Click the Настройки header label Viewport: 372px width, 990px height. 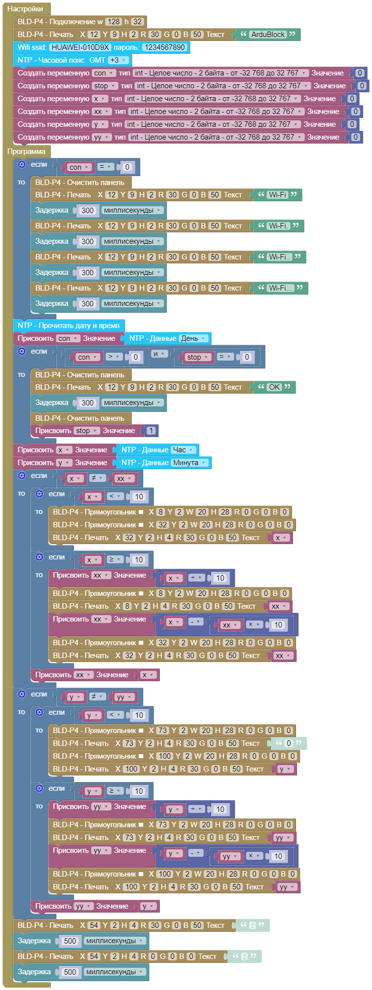(25, 9)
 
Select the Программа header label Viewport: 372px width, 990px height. (26, 151)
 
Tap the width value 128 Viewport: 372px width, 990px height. (113, 22)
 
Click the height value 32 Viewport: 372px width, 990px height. (138, 22)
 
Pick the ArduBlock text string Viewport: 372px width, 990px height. (268, 35)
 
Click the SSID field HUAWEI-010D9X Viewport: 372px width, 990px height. (80, 47)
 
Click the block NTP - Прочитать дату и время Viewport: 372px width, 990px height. (69, 326)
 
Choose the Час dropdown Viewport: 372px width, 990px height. (183, 450)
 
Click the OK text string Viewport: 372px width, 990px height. (274, 387)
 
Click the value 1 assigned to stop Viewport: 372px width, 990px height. (151, 431)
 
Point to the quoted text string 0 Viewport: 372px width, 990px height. (288, 743)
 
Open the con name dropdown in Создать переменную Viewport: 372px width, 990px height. (104, 73)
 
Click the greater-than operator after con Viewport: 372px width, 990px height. (113, 357)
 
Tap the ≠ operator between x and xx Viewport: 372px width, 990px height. (97, 478)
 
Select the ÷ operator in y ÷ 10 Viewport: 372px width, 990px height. (196, 809)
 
